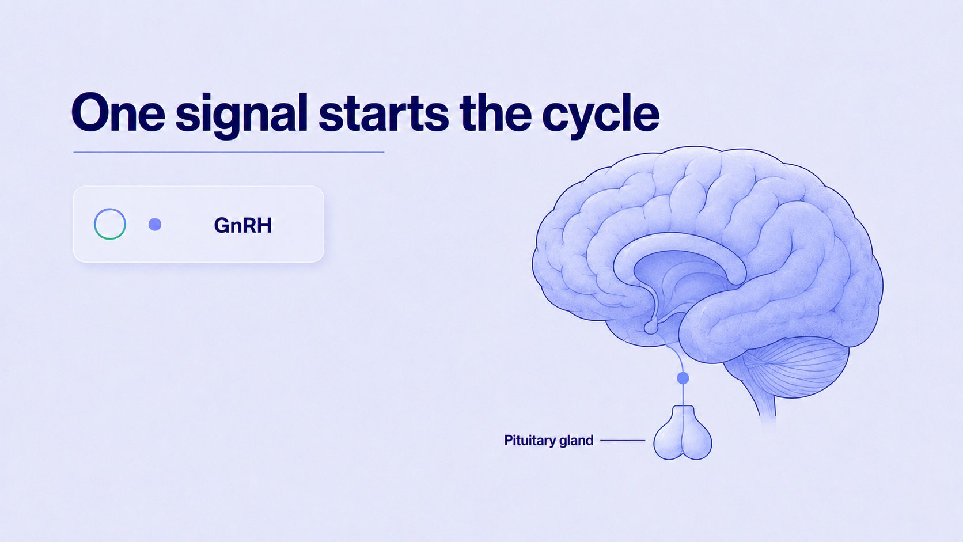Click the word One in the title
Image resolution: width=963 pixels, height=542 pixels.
118,113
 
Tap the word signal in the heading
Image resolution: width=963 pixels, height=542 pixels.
241,116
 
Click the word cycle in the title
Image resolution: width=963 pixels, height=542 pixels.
600,116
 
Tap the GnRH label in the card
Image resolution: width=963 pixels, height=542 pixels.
243,225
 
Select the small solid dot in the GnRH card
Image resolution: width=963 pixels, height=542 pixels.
155,225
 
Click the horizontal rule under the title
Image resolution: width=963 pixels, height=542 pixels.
229,152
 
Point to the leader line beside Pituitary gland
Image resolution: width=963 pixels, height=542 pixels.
623,441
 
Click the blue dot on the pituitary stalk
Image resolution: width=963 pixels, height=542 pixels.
683,378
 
